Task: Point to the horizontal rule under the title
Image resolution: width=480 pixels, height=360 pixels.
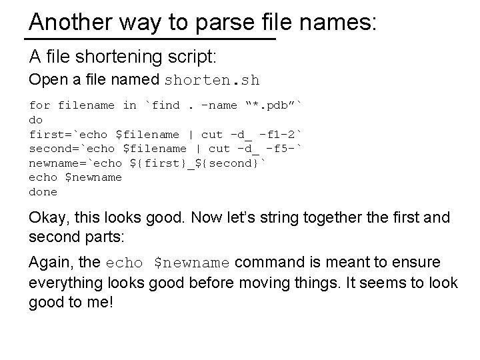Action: click(x=152, y=39)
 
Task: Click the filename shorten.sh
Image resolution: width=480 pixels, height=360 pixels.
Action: click(x=211, y=81)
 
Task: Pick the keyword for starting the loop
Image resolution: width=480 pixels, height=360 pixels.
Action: click(x=39, y=105)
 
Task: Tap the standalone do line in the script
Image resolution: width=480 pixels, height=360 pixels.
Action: click(x=36, y=119)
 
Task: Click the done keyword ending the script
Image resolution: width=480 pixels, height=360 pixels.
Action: click(x=43, y=192)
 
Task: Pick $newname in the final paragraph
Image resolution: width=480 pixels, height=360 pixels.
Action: click(x=192, y=263)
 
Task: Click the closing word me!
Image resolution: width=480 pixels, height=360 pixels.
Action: click(x=101, y=302)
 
